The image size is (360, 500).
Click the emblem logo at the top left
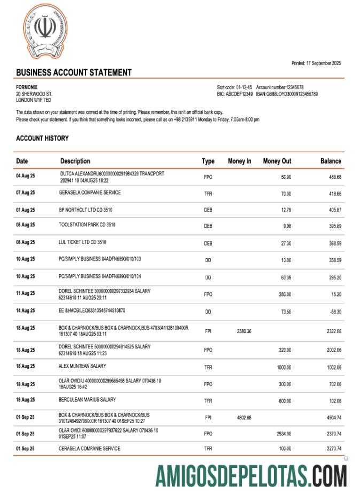point(45,30)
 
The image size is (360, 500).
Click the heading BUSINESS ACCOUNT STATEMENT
point(74,73)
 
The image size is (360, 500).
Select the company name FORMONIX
point(27,87)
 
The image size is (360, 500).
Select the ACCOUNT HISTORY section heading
point(42,138)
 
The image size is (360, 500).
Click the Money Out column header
point(277,161)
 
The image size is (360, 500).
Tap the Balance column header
point(330,161)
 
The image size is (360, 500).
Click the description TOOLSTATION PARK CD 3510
point(87,225)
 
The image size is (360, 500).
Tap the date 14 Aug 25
point(25,311)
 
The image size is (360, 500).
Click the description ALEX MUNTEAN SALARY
point(82,366)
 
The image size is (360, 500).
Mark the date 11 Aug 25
point(25,294)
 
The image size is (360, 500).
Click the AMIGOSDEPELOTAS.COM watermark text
point(251,476)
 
